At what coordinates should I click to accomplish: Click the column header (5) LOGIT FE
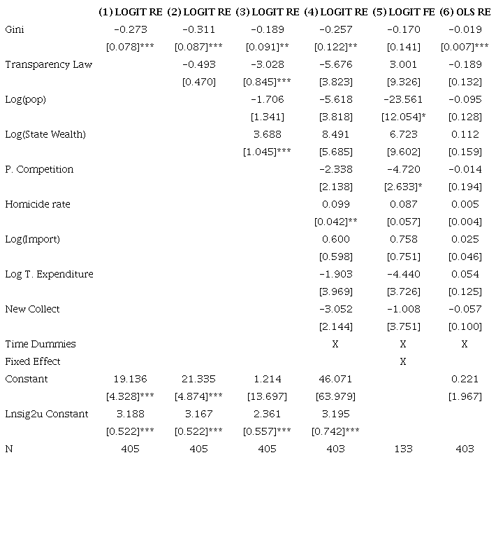coord(403,12)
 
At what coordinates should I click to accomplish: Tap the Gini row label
coord(15,29)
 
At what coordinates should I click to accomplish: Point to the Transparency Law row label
coord(48,64)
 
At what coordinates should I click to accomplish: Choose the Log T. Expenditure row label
coord(49,274)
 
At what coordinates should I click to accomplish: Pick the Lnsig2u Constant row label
coord(47,414)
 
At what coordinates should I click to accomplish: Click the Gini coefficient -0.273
coord(130,29)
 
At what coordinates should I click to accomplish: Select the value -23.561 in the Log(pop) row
coord(403,99)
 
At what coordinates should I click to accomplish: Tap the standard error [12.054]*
coord(403,117)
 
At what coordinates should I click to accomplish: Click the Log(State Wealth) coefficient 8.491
coord(335,134)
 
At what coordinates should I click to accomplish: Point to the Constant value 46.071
coord(335,379)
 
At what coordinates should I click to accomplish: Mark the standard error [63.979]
coord(335,396)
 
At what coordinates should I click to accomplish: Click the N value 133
coord(403,449)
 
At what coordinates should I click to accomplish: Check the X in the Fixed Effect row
coord(403,361)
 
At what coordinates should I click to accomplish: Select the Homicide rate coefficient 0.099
coord(335,204)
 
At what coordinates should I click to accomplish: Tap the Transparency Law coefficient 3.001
coord(403,64)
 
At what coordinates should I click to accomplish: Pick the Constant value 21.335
coord(198,379)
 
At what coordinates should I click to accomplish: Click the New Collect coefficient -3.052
coord(335,309)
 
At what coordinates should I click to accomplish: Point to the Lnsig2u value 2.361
coord(268,414)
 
